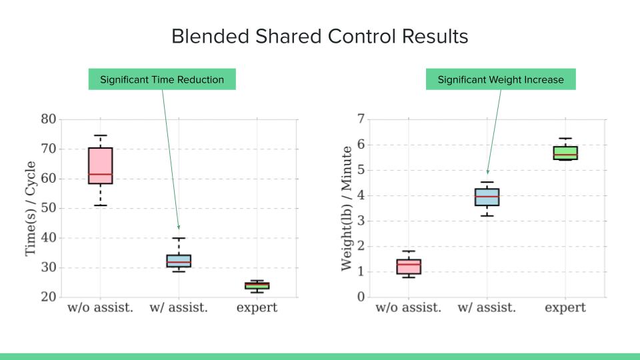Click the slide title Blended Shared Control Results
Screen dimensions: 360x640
tap(320, 36)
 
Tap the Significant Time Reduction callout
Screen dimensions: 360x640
tap(162, 79)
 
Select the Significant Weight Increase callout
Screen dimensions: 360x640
tap(501, 79)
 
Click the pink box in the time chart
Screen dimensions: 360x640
tap(100, 165)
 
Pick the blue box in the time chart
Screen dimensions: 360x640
tap(179, 261)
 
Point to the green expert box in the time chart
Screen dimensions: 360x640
tap(257, 285)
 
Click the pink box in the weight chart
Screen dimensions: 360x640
tap(409, 267)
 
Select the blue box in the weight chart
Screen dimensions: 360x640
tap(487, 197)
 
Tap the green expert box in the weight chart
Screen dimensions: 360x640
tap(565, 153)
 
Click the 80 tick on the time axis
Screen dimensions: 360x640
tap(49, 120)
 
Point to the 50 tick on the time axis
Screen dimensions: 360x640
tap(49, 209)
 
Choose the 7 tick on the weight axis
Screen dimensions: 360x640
tap(361, 120)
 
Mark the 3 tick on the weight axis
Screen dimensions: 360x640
tap(361, 221)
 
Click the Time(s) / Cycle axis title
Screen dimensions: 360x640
tap(31, 208)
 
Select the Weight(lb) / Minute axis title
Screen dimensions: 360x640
tap(346, 208)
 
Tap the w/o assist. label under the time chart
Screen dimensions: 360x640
tap(100, 308)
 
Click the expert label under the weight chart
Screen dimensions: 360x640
tap(565, 308)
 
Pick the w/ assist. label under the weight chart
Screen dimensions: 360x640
tap(487, 308)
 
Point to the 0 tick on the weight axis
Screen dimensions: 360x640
tap(361, 297)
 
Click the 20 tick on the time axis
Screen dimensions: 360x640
tap(49, 297)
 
